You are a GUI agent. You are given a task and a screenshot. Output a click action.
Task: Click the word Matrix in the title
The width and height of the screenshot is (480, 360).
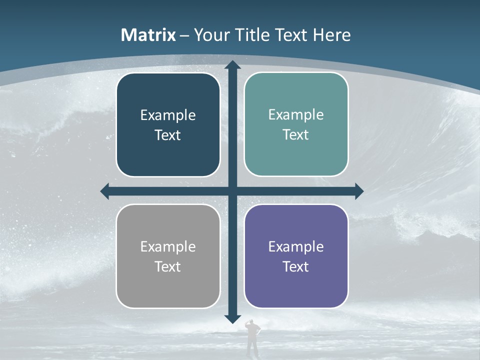pyautogui.click(x=148, y=35)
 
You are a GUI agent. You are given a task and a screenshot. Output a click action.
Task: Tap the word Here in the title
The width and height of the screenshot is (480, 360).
pyautogui.click(x=331, y=35)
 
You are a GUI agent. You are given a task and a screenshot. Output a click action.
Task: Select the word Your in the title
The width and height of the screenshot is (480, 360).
pyautogui.click(x=210, y=35)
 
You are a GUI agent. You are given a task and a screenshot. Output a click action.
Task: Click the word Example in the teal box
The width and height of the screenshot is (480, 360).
pyautogui.click(x=296, y=114)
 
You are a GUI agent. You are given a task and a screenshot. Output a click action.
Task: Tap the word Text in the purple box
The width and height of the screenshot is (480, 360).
pyautogui.click(x=296, y=266)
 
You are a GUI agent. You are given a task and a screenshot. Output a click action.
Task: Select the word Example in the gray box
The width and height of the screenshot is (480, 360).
pyautogui.click(x=168, y=246)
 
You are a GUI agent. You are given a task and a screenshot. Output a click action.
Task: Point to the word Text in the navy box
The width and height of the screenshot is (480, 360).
pyautogui.click(x=168, y=135)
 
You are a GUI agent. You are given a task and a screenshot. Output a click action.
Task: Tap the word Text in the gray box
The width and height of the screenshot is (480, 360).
pyautogui.click(x=168, y=266)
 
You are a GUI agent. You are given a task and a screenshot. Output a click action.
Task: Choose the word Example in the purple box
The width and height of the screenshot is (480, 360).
pyautogui.click(x=296, y=246)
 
